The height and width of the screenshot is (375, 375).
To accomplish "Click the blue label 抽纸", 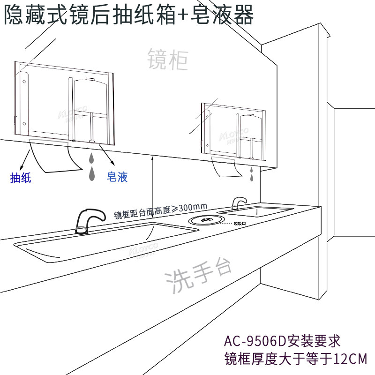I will pos(21,178).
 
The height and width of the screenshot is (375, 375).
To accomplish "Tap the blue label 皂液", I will pos(117,177).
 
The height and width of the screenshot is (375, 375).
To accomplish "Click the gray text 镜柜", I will pos(168,60).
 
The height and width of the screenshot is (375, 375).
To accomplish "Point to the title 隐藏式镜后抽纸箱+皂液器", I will pos(128,15).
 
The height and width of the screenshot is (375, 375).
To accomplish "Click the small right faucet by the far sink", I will pos(239,202).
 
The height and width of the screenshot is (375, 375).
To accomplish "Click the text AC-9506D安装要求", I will pos(282,339).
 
